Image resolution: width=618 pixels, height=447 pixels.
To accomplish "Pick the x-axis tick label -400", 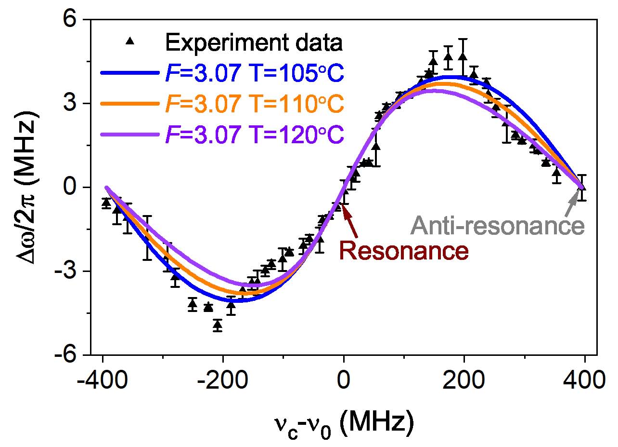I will pos(103,380).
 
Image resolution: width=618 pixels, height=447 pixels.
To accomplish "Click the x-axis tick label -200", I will pos(223,380).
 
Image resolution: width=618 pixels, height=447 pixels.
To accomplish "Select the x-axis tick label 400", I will pos(584,380).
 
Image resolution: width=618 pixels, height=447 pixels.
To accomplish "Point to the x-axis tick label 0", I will pos(344,380).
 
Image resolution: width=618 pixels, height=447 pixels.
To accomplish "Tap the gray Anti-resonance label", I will pos(498,226).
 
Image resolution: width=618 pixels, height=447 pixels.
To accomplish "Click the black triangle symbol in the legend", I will pos(129,41).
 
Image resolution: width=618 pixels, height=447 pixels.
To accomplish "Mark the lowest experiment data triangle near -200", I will pos(218,325).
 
